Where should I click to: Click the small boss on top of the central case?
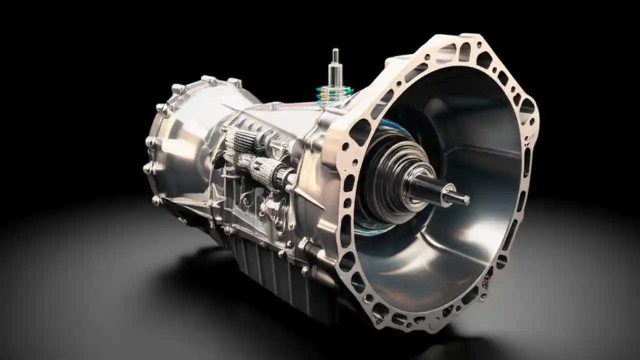coord(274,105)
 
